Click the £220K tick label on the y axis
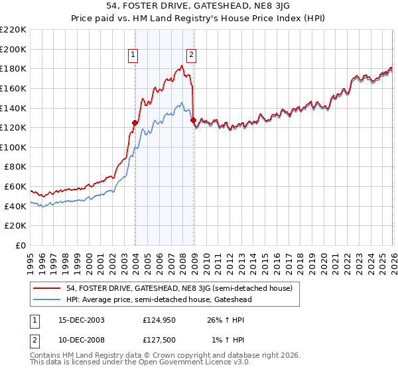tap(13, 30)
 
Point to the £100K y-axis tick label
tap(13, 147)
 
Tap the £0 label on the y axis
tap(21, 245)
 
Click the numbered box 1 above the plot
tap(134, 56)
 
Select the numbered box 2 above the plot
tap(191, 56)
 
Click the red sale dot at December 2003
tap(135, 123)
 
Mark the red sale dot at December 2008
tap(193, 120)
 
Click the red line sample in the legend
tap(47, 288)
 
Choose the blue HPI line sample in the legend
tap(47, 299)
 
